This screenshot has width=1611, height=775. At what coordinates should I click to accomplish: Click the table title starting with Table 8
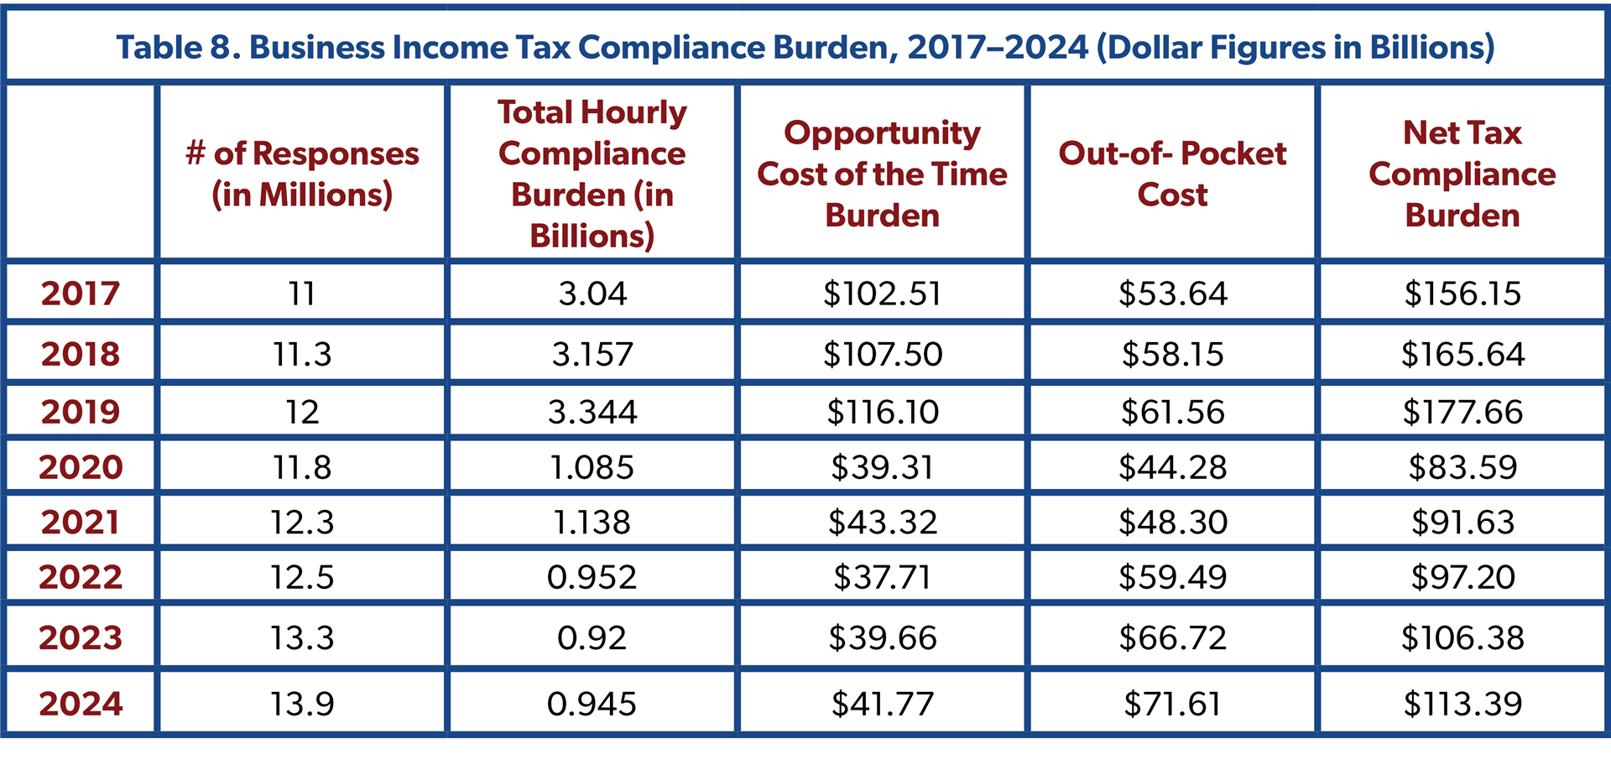pos(805,48)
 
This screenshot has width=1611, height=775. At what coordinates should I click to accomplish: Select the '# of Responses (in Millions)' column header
pos(302,174)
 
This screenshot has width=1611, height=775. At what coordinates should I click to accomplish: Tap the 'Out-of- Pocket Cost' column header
pos(1172,174)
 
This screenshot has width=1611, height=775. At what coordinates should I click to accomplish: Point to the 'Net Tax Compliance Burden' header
pos(1462,174)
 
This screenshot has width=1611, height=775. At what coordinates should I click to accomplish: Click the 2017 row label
pos(81,294)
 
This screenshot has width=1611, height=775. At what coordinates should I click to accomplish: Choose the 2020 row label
pos(81,467)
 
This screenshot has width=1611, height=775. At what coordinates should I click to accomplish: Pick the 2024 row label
pos(81,704)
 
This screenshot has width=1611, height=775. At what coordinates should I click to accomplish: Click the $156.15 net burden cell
pos(1462,294)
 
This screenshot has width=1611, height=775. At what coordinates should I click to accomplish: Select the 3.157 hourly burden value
pos(592,354)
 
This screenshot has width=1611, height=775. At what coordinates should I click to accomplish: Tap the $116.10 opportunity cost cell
pos(883,412)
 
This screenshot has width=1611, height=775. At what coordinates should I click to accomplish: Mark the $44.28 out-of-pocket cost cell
pos(1172,467)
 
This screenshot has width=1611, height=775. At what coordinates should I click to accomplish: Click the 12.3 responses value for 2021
pos(302,523)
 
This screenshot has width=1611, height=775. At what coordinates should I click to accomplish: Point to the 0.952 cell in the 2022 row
pos(592,577)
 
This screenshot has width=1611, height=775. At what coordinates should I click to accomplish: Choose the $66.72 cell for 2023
pos(1172,638)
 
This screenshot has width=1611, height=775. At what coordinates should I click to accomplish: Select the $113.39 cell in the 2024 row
pos(1462,704)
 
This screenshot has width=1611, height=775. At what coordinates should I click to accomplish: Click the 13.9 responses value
pos(302,704)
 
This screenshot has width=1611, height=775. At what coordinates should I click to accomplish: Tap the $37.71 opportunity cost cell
pos(883,577)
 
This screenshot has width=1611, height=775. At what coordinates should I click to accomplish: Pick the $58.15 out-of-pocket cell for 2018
pos(1172,354)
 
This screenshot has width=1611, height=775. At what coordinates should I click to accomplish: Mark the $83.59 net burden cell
pos(1462,467)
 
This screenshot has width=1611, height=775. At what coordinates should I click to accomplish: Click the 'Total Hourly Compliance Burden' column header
pos(592,174)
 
